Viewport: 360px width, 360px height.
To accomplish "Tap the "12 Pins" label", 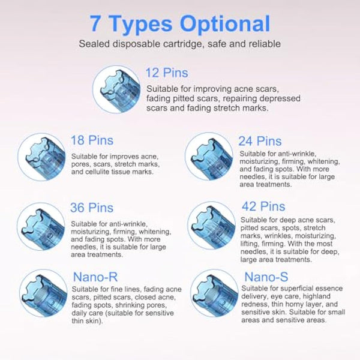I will tap(166, 73).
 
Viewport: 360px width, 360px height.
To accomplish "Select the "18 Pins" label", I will tap(92, 140).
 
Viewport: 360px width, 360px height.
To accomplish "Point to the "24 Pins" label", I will tap(260, 141).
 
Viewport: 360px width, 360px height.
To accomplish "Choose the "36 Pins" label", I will tap(92, 208).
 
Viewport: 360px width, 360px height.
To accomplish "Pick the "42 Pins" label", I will tap(263, 206).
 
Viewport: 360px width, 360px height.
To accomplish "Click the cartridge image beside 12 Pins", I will tap(117, 89).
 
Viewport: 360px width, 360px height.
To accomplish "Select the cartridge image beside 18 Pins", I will tap(41, 157).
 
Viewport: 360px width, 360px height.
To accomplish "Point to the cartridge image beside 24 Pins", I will tap(208, 156).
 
